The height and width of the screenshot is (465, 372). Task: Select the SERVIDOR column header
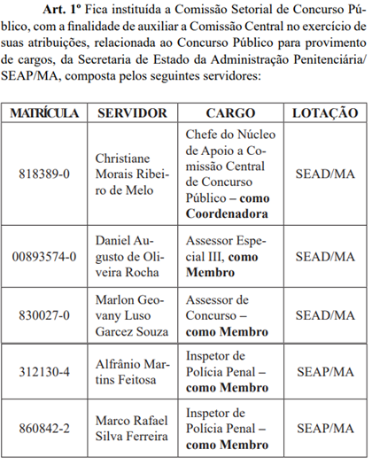[x=132, y=113]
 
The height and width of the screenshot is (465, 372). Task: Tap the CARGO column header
[x=230, y=113]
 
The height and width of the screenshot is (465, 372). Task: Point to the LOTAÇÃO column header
[x=325, y=113]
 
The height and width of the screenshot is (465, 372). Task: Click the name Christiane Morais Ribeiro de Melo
[x=132, y=174]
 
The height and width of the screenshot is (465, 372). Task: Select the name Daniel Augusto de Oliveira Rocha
[x=132, y=257]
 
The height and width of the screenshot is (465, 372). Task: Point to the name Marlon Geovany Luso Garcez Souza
[x=132, y=314]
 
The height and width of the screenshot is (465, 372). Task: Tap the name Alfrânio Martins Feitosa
[x=132, y=371]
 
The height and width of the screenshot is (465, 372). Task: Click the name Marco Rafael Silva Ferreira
[x=132, y=428]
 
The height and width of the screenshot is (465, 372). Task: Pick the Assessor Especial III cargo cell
[x=230, y=257]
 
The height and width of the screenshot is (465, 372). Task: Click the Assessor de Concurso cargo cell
[x=230, y=314]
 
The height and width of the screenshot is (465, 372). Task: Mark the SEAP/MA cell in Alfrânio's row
[x=325, y=371]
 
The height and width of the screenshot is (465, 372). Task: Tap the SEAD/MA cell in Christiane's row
[x=325, y=174]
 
